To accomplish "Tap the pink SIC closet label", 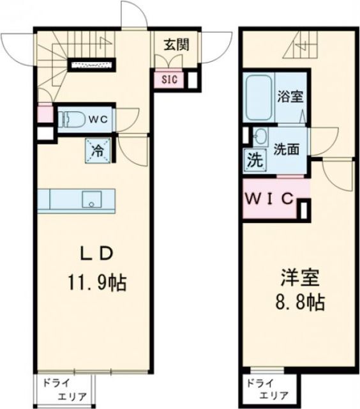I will pos(169,80).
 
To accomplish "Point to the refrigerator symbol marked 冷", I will pos(98,151).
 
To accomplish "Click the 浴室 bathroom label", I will pos(290,98).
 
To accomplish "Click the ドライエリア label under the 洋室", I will pos(266,389).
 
